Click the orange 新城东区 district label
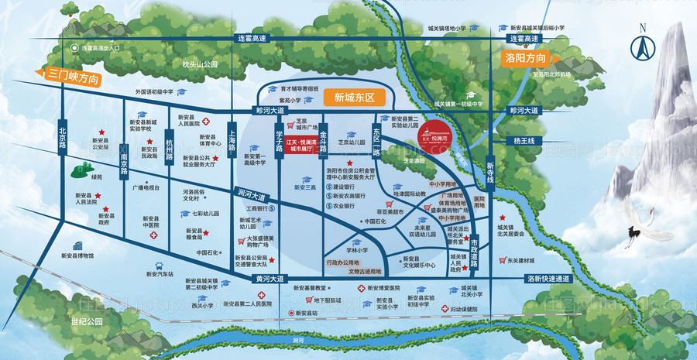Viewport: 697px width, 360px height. [354, 98]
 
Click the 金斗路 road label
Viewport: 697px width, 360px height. [324, 137]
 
